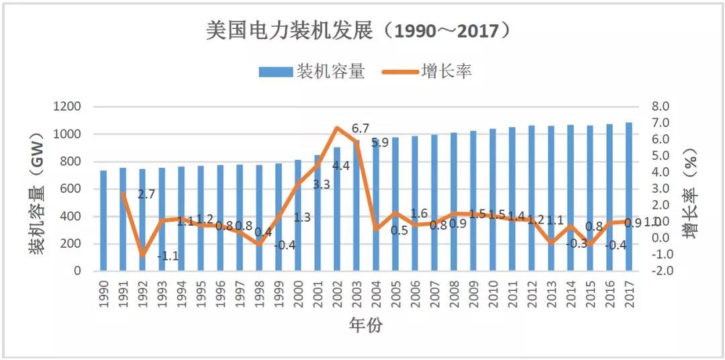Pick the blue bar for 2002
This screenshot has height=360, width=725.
pos(337,209)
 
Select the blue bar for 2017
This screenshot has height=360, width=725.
pos(628,196)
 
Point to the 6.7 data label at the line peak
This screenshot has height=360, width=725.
pos(360,128)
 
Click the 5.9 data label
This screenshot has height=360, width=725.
pos(381,142)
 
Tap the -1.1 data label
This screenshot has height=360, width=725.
pos(167,255)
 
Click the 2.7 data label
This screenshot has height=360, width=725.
pos(146,195)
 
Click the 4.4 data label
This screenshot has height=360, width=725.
pos(341,165)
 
